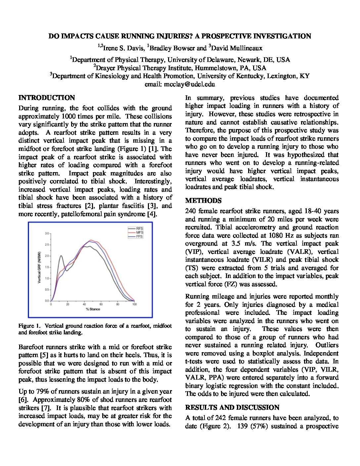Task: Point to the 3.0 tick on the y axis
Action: (x=47, y=233)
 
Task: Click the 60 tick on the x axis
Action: (x=101, y=304)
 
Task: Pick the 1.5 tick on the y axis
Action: (x=47, y=267)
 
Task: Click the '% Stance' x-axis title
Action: (x=93, y=309)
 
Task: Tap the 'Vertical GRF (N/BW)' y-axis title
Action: (x=39, y=267)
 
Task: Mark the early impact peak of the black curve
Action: (x=61, y=256)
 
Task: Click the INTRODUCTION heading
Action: (x=47, y=98)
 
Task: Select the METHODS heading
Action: (x=203, y=201)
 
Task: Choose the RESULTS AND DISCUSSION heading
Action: (x=232, y=407)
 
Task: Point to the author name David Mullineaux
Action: (x=237, y=48)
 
